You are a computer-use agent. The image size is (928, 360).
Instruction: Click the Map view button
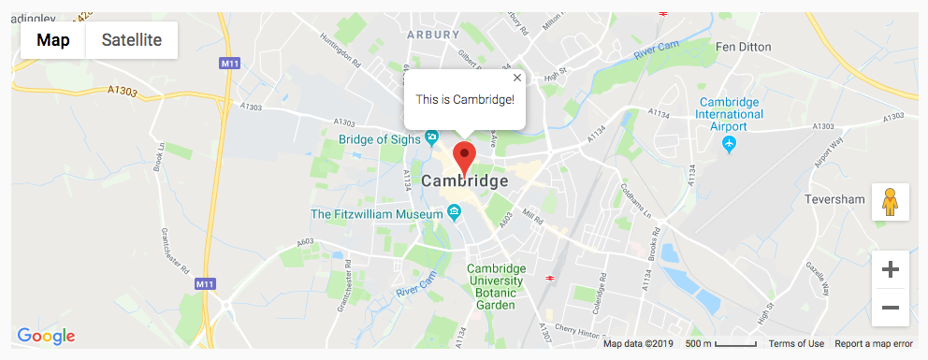tap(52, 40)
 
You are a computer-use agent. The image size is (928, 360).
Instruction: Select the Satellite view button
tap(132, 40)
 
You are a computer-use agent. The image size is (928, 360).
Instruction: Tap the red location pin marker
tap(464, 157)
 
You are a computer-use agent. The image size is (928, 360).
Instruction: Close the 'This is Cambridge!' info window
tap(517, 79)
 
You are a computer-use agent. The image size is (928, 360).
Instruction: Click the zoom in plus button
tap(891, 270)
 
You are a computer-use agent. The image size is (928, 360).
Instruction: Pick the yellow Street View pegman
tap(891, 202)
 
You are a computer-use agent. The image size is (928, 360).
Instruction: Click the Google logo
tap(46, 337)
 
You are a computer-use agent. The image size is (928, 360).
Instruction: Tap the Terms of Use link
tap(796, 344)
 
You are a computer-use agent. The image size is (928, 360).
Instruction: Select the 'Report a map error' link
tap(874, 344)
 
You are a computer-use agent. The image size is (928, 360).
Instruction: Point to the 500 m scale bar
tap(720, 344)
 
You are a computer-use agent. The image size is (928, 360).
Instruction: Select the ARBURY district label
tap(433, 35)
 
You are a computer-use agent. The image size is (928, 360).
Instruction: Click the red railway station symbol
tap(551, 278)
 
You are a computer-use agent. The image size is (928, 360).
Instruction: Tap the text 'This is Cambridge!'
tap(465, 98)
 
